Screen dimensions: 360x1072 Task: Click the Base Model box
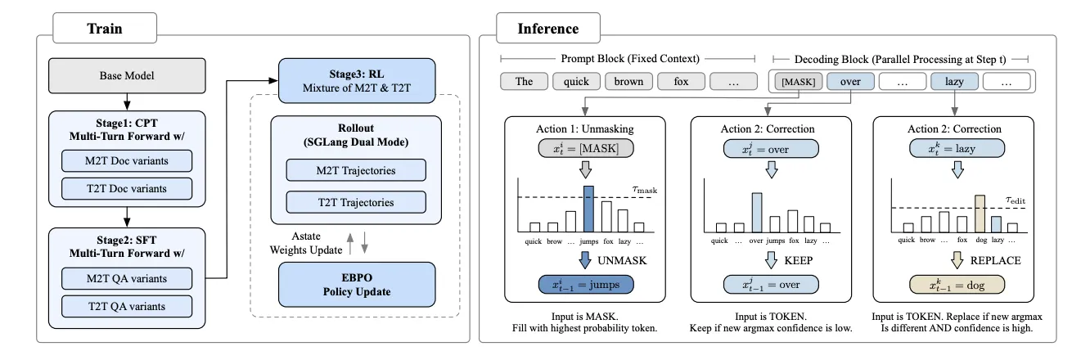[127, 76]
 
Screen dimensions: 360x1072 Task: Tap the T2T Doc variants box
[127, 188]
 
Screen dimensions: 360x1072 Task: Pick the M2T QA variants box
[127, 277]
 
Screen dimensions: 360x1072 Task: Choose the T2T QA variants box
[127, 307]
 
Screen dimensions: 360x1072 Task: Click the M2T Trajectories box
[356, 170]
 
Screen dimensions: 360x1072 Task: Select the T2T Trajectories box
[356, 202]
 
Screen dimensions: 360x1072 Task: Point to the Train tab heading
[105, 29]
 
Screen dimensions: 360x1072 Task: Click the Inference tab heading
[548, 29]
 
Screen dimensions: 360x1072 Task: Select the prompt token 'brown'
[628, 82]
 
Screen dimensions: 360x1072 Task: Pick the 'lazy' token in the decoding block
[954, 82]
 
